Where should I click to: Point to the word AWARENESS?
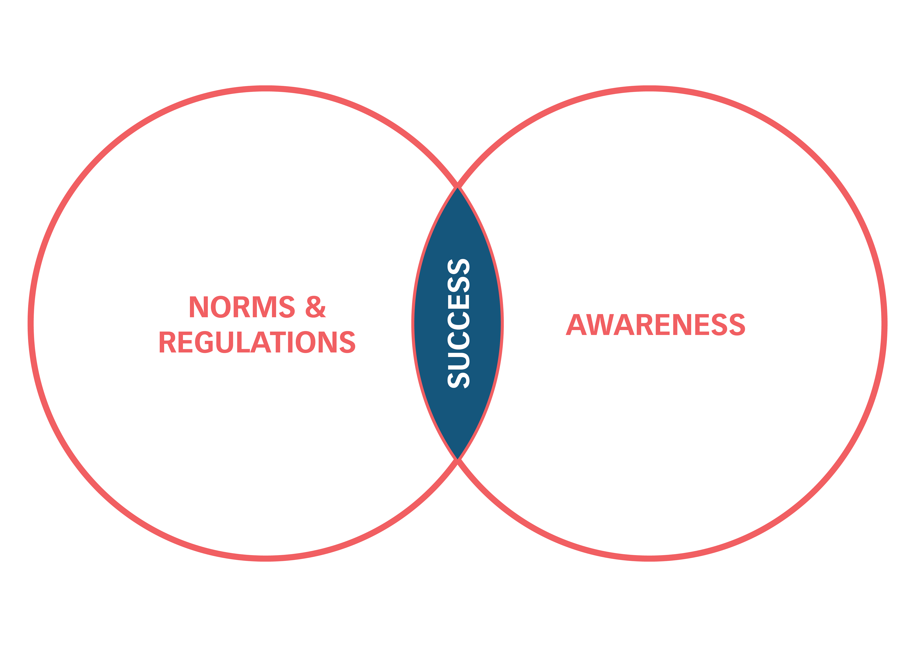point(656,325)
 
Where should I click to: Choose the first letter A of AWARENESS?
point(577,325)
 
